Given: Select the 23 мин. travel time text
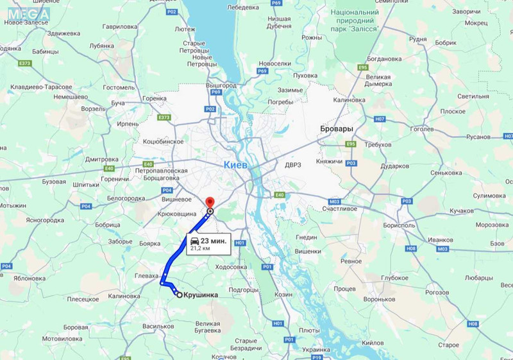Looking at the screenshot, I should (x=214, y=241).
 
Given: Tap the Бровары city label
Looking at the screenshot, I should (x=337, y=129).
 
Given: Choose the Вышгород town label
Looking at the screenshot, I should (x=221, y=85).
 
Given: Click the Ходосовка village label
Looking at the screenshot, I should (x=229, y=267).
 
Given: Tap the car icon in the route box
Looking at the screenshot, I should (x=194, y=241).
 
